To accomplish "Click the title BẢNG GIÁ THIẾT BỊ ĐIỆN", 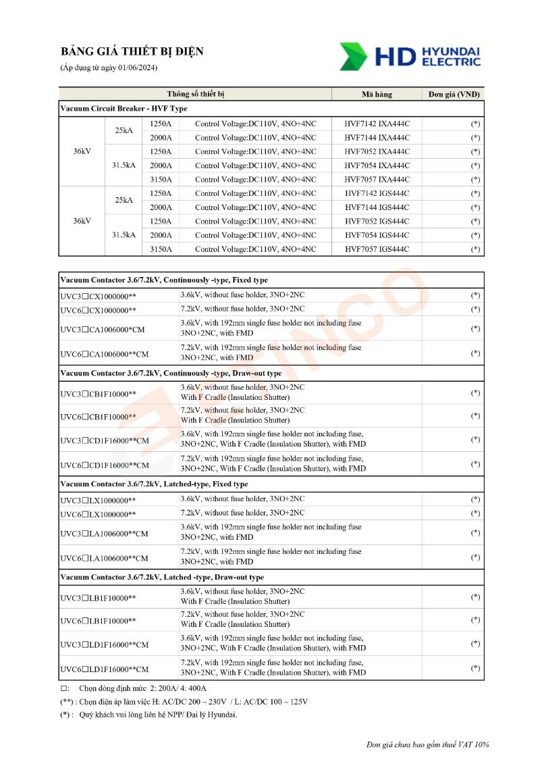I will point(132,52).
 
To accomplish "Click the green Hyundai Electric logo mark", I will point(354,57).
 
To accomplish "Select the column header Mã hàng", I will point(377,94).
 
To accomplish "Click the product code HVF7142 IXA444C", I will point(377,124).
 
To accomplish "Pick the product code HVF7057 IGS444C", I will point(377,249).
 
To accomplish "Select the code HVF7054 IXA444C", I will point(377,165).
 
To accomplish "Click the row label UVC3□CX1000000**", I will point(98,296).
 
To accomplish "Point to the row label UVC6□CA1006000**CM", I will point(104,354).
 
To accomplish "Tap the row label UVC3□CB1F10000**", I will point(98,394).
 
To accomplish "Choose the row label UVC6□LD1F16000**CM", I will point(104,669).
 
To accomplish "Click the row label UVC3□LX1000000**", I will point(98,501).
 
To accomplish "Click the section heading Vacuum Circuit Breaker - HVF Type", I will point(124,108).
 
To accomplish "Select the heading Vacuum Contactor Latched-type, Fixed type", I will point(154,484).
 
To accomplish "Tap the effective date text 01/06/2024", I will point(138,68).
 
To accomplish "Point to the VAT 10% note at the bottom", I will point(427,744).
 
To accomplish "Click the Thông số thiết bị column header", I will point(196,94).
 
